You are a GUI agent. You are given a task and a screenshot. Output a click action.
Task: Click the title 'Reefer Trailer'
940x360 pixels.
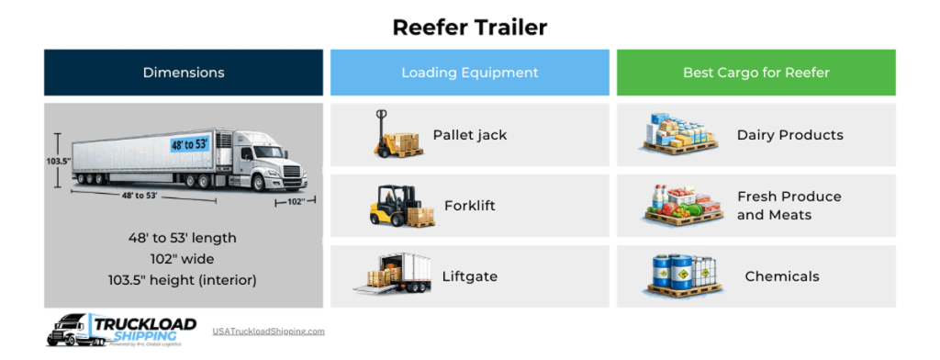[469, 27]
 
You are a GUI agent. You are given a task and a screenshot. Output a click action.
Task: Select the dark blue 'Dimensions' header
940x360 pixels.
[184, 73]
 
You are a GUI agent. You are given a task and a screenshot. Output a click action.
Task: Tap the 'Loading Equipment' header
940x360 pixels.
[469, 73]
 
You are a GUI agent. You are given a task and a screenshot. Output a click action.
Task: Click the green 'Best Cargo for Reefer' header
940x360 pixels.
[755, 73]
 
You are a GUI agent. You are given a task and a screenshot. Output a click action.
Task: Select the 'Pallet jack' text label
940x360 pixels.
[470, 135]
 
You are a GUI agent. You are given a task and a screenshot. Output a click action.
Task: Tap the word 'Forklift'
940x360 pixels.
[469, 206]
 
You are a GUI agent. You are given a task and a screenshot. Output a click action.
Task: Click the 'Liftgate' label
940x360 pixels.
[469, 276]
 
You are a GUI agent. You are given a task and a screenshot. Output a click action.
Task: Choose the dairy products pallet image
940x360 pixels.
[677, 134]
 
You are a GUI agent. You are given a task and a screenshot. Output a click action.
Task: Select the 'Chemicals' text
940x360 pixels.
[782, 276]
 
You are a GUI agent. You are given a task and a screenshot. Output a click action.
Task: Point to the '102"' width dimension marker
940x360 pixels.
[296, 199]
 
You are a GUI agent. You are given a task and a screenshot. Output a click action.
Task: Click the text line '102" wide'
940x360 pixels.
[183, 258]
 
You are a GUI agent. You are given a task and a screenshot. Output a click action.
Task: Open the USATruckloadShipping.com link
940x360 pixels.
[268, 332]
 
